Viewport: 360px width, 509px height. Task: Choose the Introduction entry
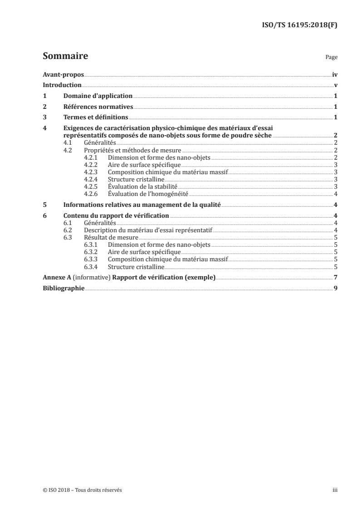coord(62,85)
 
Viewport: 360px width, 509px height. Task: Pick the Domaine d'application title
coord(98,96)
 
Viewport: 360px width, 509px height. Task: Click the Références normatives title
coord(98,107)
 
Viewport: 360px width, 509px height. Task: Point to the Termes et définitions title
coord(96,117)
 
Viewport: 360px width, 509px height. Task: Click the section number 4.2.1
coord(91,157)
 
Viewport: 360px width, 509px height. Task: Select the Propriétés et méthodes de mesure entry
coord(133,150)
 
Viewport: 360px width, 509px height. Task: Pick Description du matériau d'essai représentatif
coord(148,230)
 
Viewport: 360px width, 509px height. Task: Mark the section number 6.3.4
coord(91,266)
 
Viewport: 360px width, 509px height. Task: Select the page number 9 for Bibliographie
coord(335,288)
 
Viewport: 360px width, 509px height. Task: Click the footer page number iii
coord(335,490)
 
